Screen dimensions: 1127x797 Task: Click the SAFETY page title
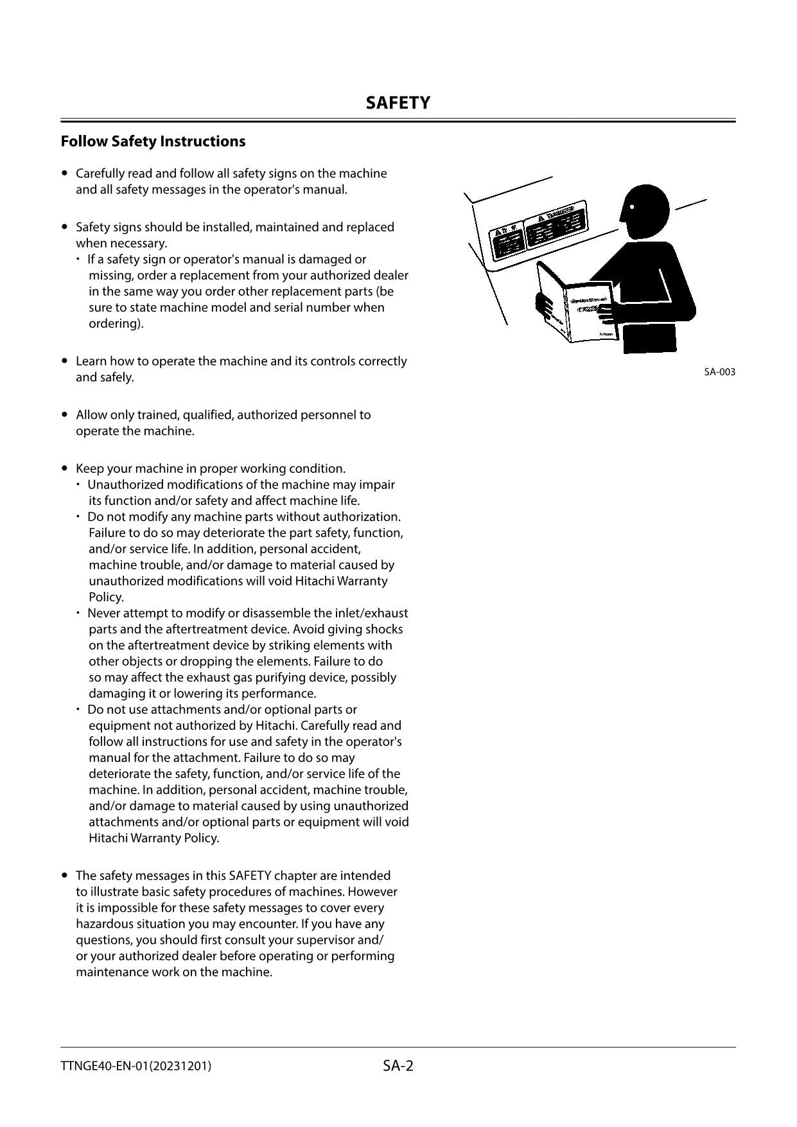pyautogui.click(x=398, y=103)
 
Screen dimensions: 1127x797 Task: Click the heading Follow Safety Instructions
pyautogui.click(x=153, y=141)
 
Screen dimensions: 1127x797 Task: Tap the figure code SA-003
pyautogui.click(x=719, y=372)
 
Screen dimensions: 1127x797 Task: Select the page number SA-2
pyautogui.click(x=398, y=1066)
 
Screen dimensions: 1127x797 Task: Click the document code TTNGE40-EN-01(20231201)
pyautogui.click(x=136, y=1066)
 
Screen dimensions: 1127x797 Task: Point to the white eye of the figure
pyautogui.click(x=632, y=207)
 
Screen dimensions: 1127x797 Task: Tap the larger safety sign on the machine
pyautogui.click(x=556, y=224)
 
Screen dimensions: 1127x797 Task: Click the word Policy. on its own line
pyautogui.click(x=106, y=597)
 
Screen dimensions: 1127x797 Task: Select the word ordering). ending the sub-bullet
pyautogui.click(x=116, y=323)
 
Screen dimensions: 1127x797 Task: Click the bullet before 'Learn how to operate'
pyautogui.click(x=64, y=361)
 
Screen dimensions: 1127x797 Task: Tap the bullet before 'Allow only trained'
pyautogui.click(x=64, y=414)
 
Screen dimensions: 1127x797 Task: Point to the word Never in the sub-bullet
pyautogui.click(x=103, y=613)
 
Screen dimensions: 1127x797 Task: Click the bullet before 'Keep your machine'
pyautogui.click(x=64, y=468)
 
